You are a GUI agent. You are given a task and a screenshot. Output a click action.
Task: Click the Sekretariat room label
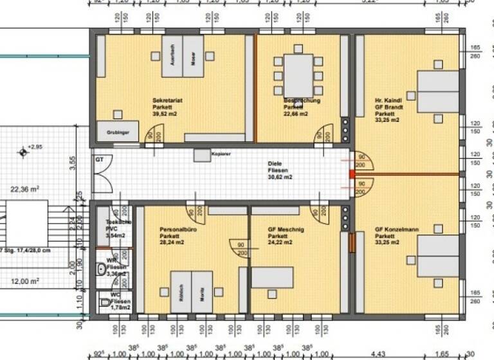166,107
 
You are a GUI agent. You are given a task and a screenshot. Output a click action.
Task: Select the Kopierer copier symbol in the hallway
202,156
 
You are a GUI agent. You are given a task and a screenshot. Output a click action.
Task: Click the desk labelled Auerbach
172,57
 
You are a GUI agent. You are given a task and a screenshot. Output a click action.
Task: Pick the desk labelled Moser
192,57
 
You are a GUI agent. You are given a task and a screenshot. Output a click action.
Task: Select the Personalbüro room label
175,236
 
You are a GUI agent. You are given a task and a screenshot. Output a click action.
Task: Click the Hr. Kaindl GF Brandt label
389,110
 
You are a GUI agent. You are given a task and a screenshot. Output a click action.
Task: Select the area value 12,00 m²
25,281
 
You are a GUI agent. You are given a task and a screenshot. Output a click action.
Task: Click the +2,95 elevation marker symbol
24,152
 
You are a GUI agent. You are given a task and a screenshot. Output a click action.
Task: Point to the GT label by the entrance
100,158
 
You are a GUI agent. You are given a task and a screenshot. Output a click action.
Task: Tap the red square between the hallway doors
352,174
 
